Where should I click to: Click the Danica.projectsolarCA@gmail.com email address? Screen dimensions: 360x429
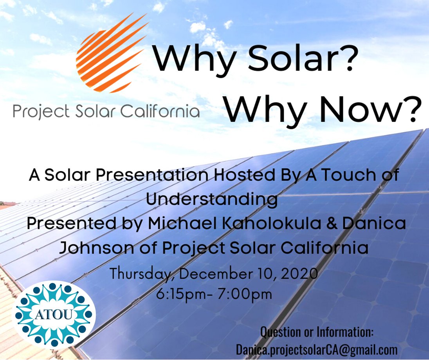tap(317, 349)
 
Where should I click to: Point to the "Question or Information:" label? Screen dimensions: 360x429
tap(317, 333)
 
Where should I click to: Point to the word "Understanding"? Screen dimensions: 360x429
tap(212, 199)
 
